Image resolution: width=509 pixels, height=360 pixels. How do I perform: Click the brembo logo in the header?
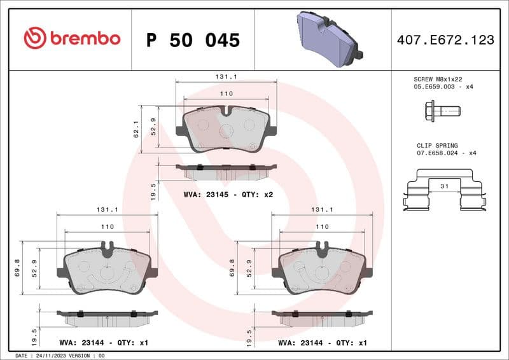click(x=71, y=38)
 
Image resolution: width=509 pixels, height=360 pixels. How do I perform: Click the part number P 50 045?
click(x=193, y=40)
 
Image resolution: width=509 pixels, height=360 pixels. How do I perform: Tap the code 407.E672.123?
click(x=445, y=40)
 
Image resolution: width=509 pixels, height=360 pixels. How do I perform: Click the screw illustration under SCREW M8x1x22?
click(x=439, y=111)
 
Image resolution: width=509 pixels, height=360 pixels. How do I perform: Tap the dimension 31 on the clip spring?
click(x=443, y=186)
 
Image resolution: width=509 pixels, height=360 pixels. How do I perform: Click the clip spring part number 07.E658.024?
click(x=439, y=153)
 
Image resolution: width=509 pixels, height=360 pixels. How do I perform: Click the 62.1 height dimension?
click(x=136, y=130)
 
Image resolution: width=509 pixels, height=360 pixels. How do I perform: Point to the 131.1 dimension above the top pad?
click(x=226, y=76)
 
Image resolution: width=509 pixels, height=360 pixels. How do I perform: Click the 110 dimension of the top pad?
click(x=226, y=93)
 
